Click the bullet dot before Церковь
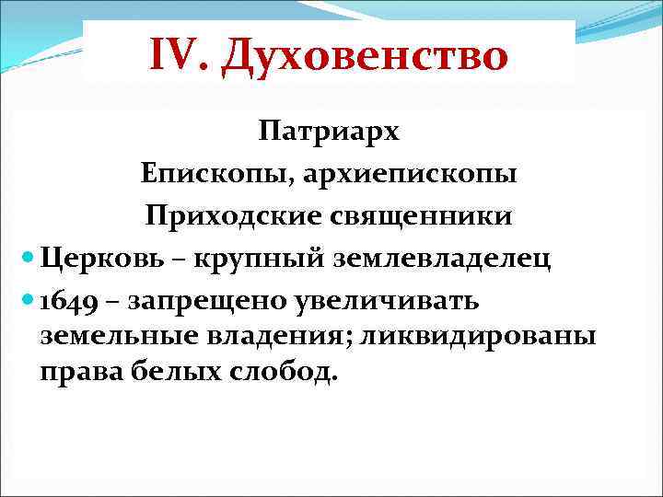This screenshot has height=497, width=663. click(26, 260)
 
